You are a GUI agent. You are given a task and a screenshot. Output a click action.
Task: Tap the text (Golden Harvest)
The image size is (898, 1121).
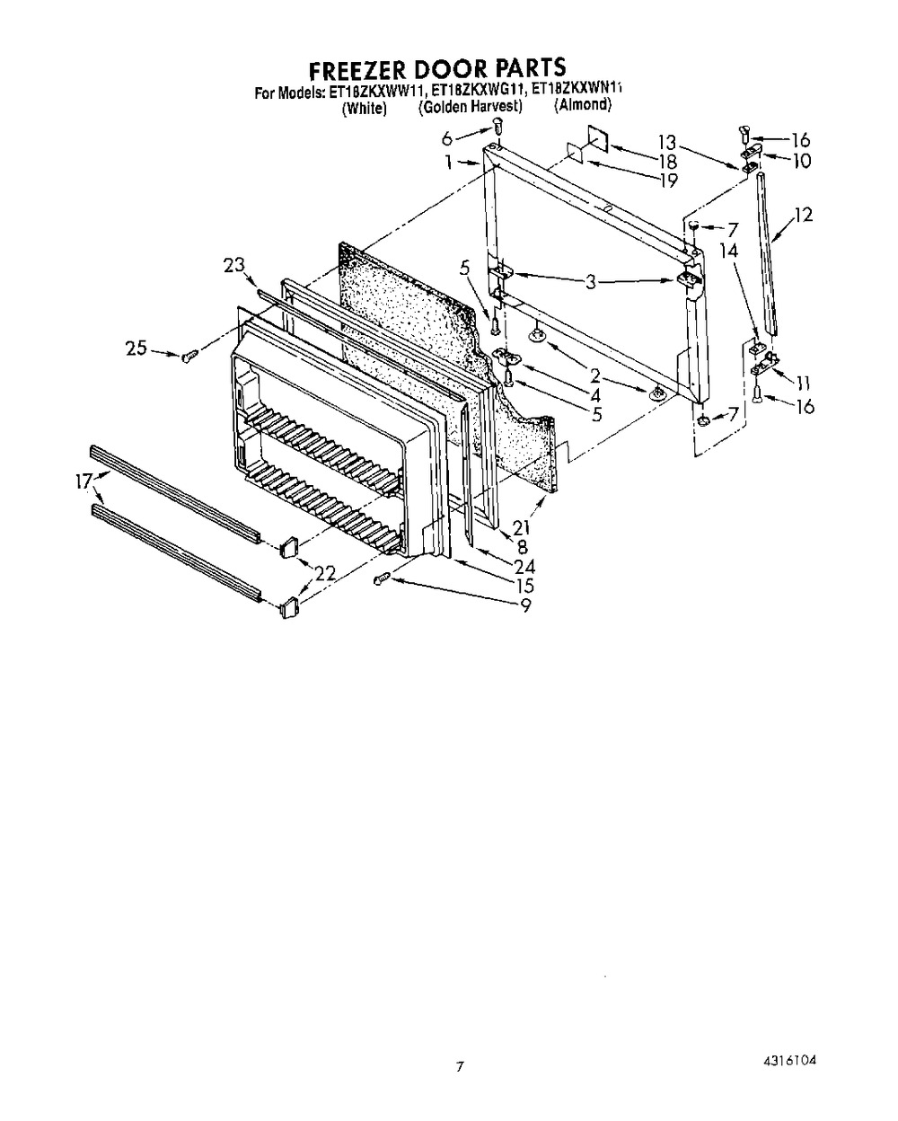click(x=470, y=107)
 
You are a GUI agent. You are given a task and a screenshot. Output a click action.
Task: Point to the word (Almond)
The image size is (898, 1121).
click(x=582, y=105)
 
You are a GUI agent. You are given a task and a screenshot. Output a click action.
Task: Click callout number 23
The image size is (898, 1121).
click(x=233, y=265)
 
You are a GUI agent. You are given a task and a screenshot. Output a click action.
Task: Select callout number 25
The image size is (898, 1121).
click(x=136, y=348)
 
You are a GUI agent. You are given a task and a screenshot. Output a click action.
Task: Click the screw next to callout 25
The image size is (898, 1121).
click(x=189, y=357)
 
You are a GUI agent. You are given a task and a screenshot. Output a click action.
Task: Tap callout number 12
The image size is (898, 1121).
click(x=804, y=215)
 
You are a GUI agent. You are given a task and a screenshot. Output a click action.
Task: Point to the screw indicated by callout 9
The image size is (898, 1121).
click(x=383, y=578)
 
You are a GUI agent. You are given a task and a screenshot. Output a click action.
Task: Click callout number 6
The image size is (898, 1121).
click(x=447, y=138)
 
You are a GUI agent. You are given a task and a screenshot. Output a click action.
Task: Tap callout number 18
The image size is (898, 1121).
click(x=667, y=161)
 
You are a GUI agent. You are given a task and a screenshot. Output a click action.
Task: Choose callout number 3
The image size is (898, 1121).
click(x=590, y=282)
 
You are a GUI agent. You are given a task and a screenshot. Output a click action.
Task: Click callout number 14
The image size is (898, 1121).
click(x=729, y=252)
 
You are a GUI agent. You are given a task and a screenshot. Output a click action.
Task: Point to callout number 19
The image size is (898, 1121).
click(x=668, y=181)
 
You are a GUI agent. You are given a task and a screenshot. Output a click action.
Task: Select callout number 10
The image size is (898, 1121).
click(x=802, y=161)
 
